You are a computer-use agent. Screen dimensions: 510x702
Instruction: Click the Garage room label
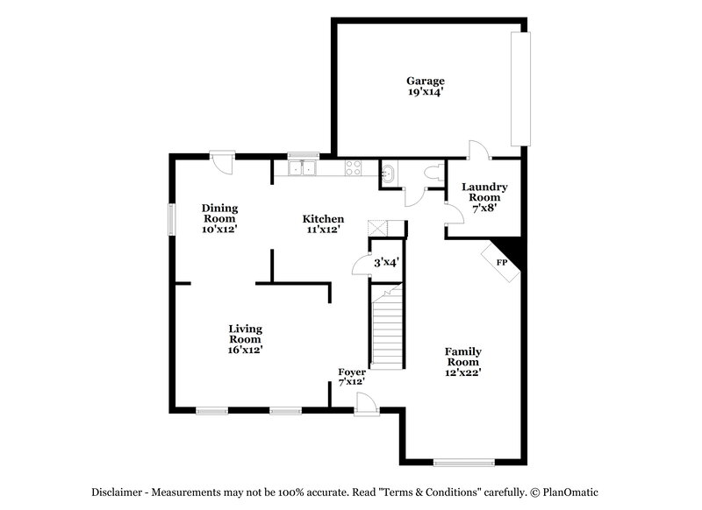[425, 81]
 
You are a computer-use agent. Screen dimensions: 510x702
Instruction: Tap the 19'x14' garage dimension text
[425, 92]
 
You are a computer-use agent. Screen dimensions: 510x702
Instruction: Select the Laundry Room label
[484, 193]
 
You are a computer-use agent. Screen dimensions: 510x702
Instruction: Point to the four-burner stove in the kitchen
[355, 168]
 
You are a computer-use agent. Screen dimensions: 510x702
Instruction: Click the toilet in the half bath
[431, 174]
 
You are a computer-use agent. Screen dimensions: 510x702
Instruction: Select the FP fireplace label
[502, 262]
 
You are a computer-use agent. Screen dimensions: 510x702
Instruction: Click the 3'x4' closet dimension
[387, 262]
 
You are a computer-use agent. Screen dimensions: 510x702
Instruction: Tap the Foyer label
[352, 372]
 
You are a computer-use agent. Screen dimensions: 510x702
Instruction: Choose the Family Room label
[463, 357]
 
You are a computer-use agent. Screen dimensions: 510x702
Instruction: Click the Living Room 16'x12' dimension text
[246, 350]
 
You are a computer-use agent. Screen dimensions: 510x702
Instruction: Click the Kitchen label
[323, 219]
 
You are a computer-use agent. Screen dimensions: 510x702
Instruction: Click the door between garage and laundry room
[480, 151]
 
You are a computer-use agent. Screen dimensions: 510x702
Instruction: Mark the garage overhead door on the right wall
[525, 89]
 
